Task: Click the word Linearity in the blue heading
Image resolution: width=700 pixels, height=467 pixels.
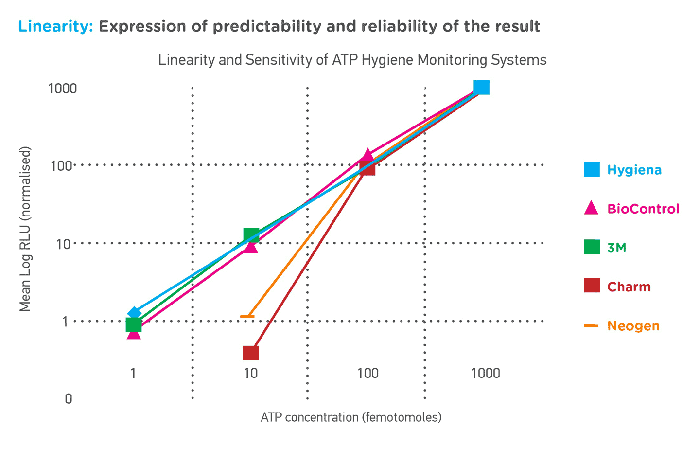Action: coord(55,26)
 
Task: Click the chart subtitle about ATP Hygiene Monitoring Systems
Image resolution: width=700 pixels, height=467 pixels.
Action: coord(352,60)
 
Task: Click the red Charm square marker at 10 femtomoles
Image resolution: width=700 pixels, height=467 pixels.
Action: coord(250,353)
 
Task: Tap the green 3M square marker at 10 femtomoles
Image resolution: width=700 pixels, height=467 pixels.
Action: coord(251,235)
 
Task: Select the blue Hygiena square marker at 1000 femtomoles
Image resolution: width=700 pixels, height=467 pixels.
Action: coord(481,87)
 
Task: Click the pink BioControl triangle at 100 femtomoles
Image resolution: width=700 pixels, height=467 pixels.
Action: coord(368,156)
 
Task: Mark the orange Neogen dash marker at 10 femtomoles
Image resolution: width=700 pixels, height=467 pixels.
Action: coord(247,317)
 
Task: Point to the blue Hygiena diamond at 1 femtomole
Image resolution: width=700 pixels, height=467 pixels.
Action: coord(134,313)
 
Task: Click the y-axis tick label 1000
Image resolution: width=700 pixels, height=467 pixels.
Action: coord(63,89)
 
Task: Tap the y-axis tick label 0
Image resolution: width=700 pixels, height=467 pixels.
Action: coord(69,399)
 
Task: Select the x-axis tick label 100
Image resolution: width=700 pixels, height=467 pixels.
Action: coord(368,373)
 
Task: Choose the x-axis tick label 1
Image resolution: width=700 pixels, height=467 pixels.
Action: coord(133,373)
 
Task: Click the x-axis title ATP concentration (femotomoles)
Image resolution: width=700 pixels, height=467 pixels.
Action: coord(351,417)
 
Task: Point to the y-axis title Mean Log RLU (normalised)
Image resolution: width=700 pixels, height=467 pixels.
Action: coord(25,229)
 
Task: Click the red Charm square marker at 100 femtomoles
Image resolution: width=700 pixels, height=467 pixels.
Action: coord(367,168)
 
